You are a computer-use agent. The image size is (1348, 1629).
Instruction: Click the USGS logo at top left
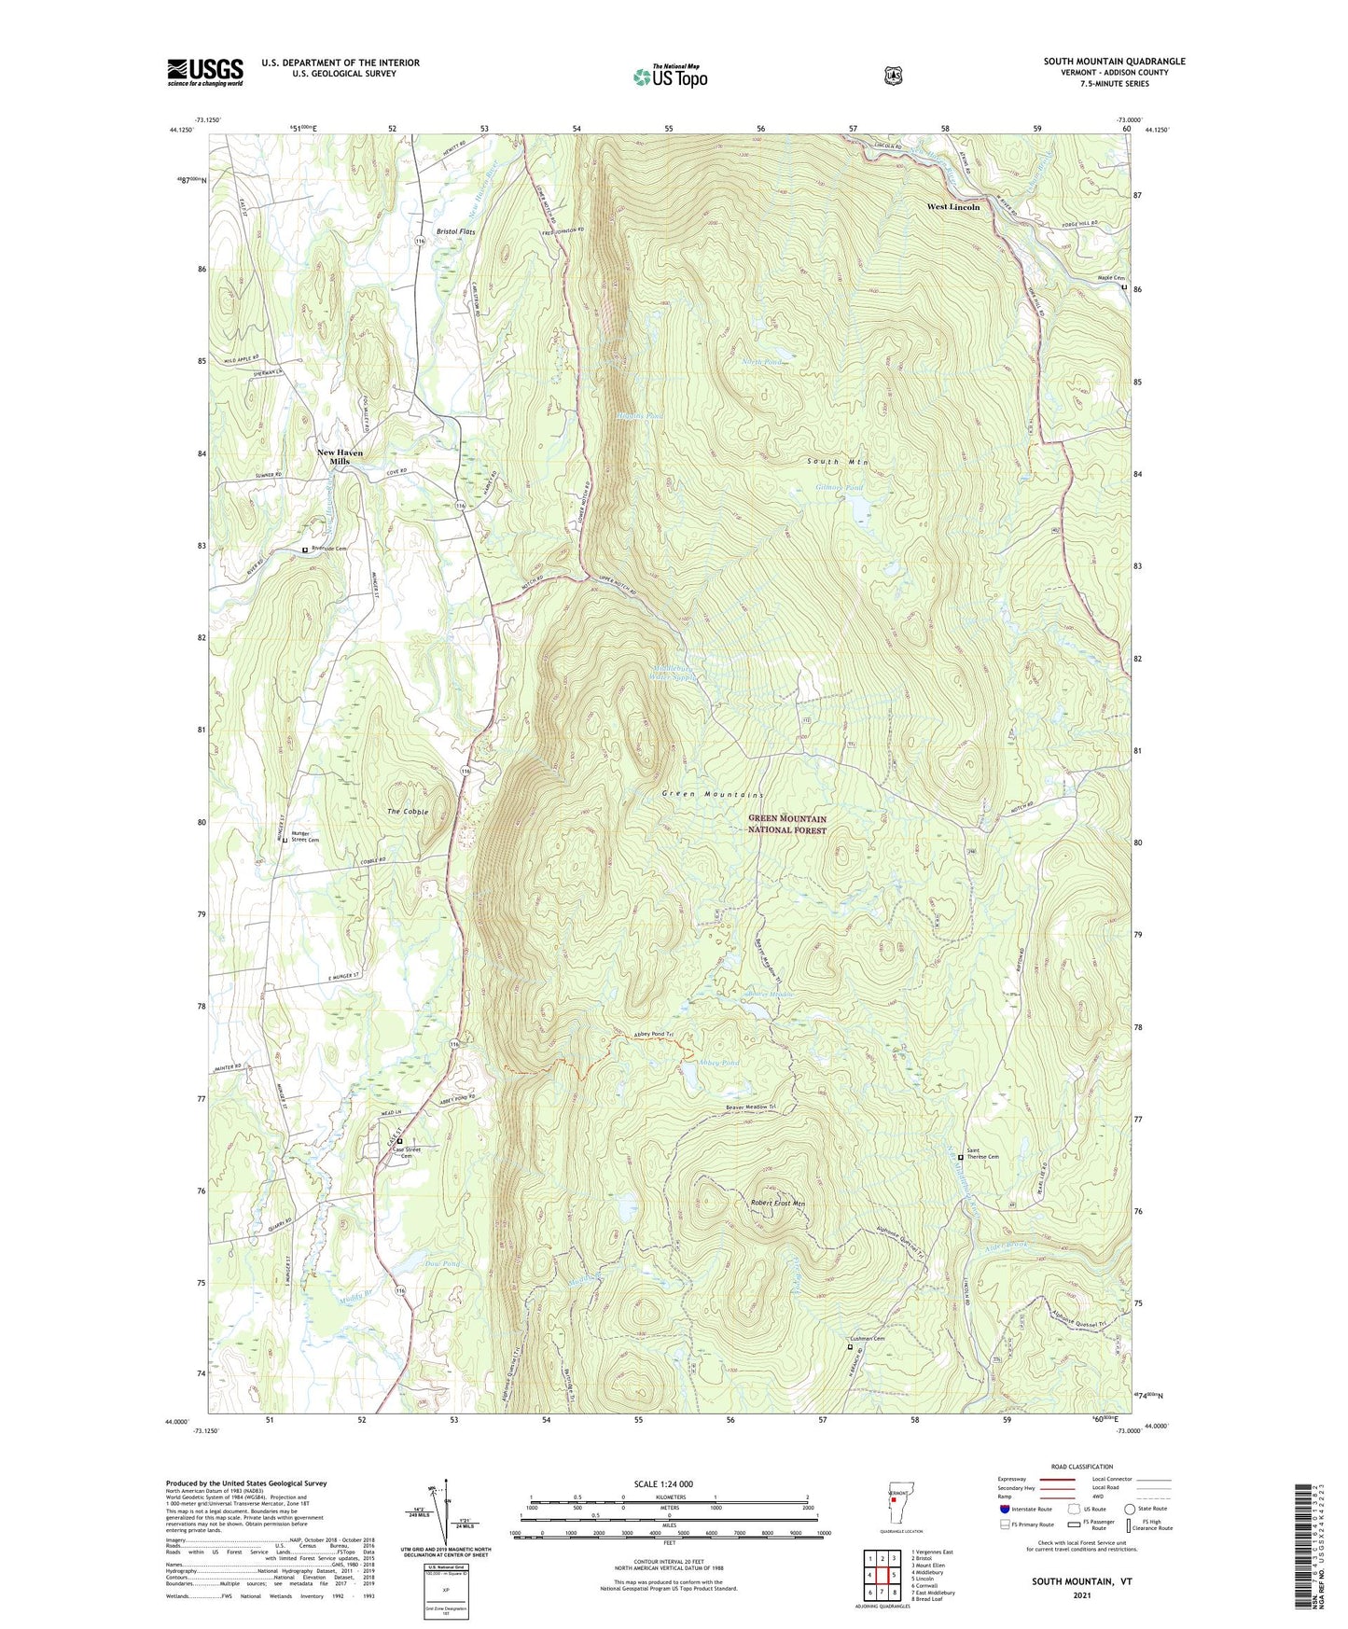205,72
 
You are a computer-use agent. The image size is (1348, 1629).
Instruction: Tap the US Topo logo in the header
669,76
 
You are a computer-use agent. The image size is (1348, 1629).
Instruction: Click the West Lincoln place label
952,206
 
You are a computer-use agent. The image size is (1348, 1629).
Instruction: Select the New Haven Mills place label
340,457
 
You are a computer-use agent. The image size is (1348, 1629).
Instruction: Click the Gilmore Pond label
840,487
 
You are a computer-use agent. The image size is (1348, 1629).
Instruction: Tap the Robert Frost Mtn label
777,1204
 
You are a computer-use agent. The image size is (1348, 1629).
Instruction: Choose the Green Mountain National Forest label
787,824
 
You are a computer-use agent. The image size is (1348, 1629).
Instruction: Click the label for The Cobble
408,812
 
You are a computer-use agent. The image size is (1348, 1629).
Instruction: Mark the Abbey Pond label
717,1062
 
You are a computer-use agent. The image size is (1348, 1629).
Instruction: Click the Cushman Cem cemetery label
867,1338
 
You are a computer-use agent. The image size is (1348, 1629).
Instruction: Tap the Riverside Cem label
328,549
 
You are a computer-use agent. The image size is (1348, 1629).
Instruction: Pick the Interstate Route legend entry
1025,1509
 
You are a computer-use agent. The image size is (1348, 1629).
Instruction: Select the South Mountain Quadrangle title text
1114,62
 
